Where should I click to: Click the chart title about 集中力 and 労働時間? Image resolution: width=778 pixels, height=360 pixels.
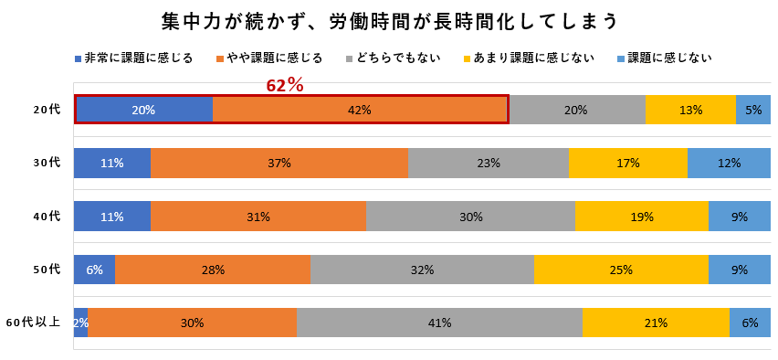click(x=389, y=20)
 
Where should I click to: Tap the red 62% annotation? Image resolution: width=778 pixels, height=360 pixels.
click(x=285, y=85)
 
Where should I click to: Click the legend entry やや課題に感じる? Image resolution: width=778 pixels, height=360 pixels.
click(x=268, y=58)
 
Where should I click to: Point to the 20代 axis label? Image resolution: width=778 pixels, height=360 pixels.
click(x=47, y=110)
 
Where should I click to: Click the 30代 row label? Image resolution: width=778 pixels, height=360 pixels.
click(x=47, y=163)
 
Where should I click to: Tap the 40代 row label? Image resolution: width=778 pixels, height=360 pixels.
click(x=47, y=217)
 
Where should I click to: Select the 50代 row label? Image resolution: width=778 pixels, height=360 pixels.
click(x=47, y=270)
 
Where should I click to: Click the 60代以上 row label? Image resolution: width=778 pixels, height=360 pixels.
click(x=34, y=323)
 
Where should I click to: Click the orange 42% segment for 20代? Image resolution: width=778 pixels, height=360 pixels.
click(x=360, y=110)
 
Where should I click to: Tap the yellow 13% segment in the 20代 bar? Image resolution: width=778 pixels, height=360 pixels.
click(x=690, y=110)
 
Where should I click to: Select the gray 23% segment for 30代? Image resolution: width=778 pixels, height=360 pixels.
click(x=489, y=163)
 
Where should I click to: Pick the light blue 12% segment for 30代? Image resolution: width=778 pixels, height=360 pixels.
click(x=729, y=163)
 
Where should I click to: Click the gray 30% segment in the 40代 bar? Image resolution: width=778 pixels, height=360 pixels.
click(x=470, y=217)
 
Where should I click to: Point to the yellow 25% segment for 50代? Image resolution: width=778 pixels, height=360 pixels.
click(x=621, y=270)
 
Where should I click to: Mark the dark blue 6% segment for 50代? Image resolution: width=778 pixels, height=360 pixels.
click(x=94, y=270)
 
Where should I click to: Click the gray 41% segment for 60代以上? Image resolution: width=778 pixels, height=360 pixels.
click(x=439, y=323)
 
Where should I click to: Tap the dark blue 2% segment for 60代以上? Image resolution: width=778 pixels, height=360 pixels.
click(x=80, y=323)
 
